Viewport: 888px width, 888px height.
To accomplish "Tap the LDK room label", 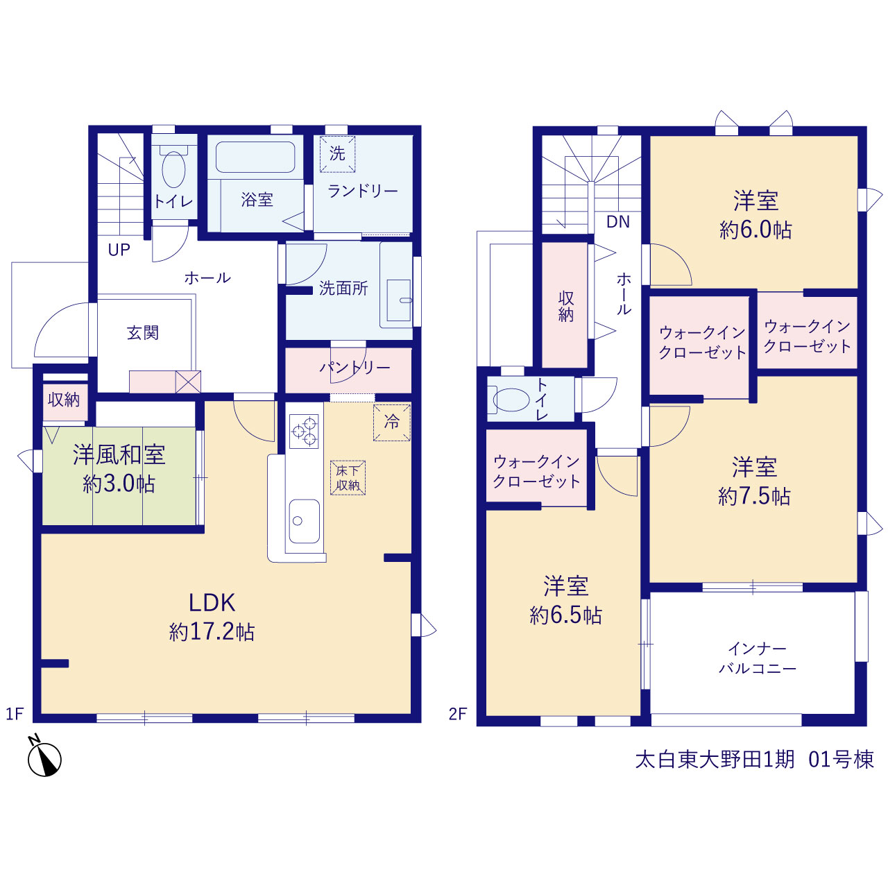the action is (x=212, y=603).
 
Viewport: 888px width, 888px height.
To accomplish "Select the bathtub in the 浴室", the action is (x=255, y=157).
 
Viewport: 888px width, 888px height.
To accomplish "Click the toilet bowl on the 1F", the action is (x=173, y=169).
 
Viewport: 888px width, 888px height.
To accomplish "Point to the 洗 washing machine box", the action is (x=338, y=154).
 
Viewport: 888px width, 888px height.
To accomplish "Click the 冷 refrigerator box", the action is (x=392, y=422).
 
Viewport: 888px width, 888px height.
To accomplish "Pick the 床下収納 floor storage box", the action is (x=348, y=478).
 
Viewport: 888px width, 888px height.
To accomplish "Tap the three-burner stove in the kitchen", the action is (x=304, y=431).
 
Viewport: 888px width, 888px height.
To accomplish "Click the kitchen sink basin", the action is (x=304, y=521).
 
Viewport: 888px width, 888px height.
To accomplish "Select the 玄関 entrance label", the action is (x=143, y=333).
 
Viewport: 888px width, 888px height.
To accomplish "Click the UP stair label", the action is (x=119, y=250).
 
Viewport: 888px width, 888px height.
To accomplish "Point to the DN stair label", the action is (x=618, y=222).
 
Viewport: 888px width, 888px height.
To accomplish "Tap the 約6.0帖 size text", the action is (x=755, y=229).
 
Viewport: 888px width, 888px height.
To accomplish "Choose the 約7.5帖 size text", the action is (x=754, y=496).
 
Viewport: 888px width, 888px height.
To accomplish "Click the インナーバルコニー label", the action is (x=758, y=659).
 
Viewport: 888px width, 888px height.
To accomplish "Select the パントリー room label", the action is (x=355, y=367).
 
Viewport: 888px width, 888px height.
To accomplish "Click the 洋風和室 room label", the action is (x=119, y=454).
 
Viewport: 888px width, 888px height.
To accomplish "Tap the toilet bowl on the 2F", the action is (x=511, y=400).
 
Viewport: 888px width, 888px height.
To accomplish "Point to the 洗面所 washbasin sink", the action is (x=399, y=300).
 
